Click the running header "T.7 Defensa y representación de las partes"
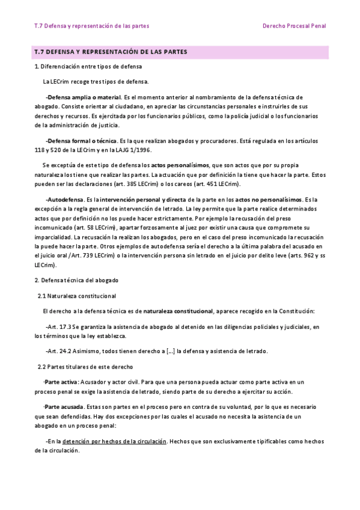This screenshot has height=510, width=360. [x=92, y=26]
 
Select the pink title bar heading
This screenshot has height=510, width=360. [x=180, y=52]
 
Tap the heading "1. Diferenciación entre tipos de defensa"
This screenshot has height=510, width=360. [x=88, y=66]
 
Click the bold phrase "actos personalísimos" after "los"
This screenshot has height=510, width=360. [x=180, y=165]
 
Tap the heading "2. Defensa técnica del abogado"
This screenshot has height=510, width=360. [x=77, y=281]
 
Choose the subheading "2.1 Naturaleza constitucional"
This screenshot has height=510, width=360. [x=77, y=296]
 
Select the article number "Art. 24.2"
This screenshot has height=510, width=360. [x=59, y=351]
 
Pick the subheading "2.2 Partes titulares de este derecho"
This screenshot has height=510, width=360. [x=85, y=366]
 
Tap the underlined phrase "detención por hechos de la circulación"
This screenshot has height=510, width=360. [x=115, y=441]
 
